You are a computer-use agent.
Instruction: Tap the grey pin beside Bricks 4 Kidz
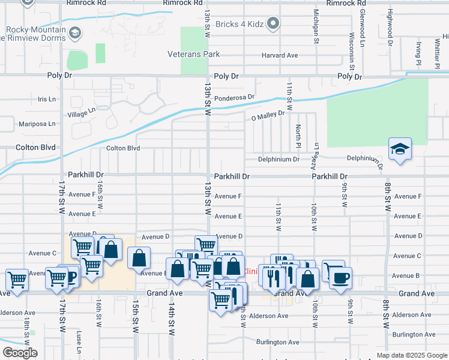coord(273,24)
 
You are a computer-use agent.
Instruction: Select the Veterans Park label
coord(193,55)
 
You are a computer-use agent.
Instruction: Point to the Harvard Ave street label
coord(279,55)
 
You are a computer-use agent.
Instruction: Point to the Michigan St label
coord(315,27)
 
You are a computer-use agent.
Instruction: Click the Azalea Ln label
coord(315,154)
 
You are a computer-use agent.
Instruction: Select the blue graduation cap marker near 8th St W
coord(400,149)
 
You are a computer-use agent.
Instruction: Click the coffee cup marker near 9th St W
coord(341,278)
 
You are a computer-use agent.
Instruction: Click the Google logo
coord(20,353)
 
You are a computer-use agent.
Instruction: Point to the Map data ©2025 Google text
coord(411,355)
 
